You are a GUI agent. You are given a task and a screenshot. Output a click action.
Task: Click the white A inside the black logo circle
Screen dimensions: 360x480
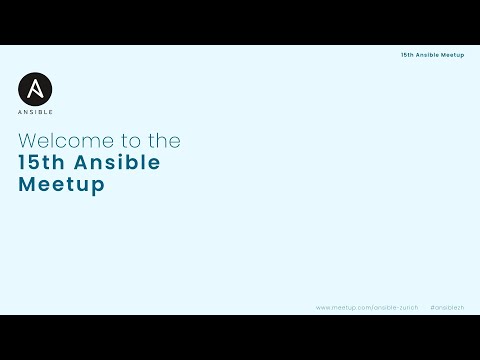tap(36, 90)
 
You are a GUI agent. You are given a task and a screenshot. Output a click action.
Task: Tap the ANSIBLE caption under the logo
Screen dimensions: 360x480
tap(36, 112)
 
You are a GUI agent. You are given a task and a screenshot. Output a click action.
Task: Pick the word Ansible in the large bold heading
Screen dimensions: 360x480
tap(116, 163)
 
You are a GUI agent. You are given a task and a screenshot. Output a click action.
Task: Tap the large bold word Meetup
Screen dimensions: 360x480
tap(61, 186)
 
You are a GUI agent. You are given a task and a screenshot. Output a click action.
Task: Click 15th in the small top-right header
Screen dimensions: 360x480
tap(407, 55)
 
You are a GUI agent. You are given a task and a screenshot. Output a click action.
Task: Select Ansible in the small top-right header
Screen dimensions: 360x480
tap(428, 55)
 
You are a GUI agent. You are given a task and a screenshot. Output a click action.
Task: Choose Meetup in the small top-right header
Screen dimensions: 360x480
tap(453, 55)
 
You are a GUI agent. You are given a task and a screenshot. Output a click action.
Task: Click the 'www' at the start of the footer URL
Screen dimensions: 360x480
tap(323, 307)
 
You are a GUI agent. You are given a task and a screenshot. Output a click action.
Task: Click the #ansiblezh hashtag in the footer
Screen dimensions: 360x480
tap(447, 307)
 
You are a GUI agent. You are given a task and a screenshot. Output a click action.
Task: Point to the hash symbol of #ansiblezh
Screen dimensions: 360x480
tap(431, 307)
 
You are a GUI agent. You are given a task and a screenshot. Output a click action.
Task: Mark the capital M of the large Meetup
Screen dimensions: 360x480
tap(27, 186)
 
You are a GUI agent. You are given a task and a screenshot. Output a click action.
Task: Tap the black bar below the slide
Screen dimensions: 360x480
tap(240, 338)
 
